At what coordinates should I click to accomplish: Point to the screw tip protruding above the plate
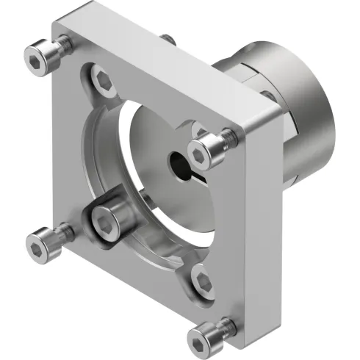(168, 37)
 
